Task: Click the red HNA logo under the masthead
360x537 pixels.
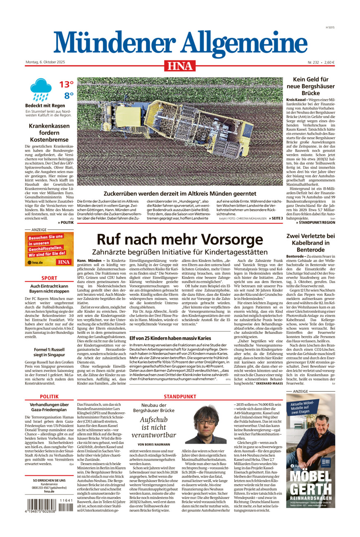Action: point(180,65)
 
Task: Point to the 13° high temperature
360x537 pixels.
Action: point(66,85)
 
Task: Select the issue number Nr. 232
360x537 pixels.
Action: point(314,62)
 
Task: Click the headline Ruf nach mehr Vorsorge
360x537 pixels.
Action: point(180,240)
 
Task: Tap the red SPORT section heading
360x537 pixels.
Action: point(49,278)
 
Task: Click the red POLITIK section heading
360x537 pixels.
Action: point(49,396)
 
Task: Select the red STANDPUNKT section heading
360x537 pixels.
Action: point(180,396)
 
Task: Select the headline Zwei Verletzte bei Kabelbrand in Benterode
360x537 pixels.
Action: point(310,243)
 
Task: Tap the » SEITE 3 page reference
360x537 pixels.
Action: point(276,218)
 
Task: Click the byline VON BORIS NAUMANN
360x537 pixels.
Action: point(154,444)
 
